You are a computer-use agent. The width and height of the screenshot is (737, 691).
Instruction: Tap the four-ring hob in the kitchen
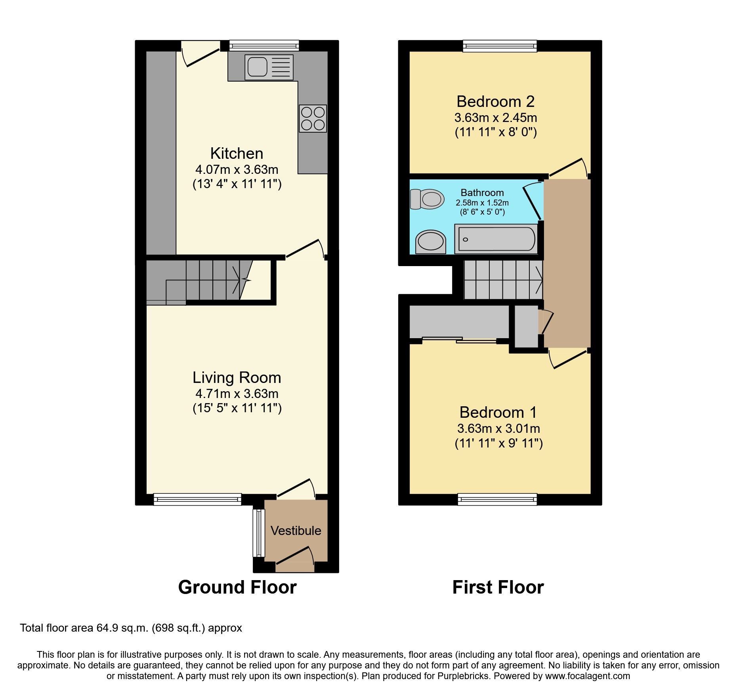click(x=313, y=118)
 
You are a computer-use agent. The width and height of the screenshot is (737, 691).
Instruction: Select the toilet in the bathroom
click(x=426, y=199)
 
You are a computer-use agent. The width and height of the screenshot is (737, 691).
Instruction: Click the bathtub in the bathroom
click(x=496, y=239)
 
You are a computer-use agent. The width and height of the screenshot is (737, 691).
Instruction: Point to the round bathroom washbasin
click(x=431, y=242)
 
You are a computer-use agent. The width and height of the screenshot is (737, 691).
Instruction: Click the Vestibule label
click(x=296, y=531)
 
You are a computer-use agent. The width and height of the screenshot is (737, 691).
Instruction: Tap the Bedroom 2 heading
click(x=495, y=102)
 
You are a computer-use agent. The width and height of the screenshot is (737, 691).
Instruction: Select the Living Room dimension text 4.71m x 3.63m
click(x=237, y=394)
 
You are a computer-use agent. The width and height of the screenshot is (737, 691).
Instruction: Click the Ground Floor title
click(x=237, y=587)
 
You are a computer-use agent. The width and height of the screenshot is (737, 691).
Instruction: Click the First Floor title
click(x=498, y=587)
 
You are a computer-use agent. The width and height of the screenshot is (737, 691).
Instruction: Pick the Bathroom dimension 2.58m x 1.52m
click(x=482, y=203)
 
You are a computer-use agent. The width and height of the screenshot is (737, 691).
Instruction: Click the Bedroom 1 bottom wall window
click(x=497, y=499)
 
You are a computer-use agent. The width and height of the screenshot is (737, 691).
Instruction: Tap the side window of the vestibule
click(x=258, y=533)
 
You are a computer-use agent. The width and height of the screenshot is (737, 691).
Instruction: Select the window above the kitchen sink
click(x=263, y=46)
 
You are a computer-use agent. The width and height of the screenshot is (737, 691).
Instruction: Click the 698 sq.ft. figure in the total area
click(x=179, y=628)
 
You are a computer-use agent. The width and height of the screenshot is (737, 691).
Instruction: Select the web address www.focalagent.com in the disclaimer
click(x=587, y=676)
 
